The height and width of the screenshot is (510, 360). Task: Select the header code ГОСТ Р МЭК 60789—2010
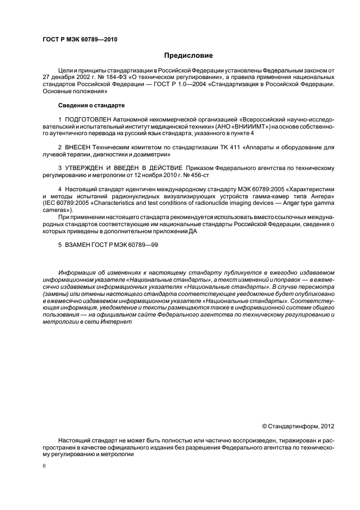(x=80, y=39)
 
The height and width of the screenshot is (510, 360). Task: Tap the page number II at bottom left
(x=45, y=466)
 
